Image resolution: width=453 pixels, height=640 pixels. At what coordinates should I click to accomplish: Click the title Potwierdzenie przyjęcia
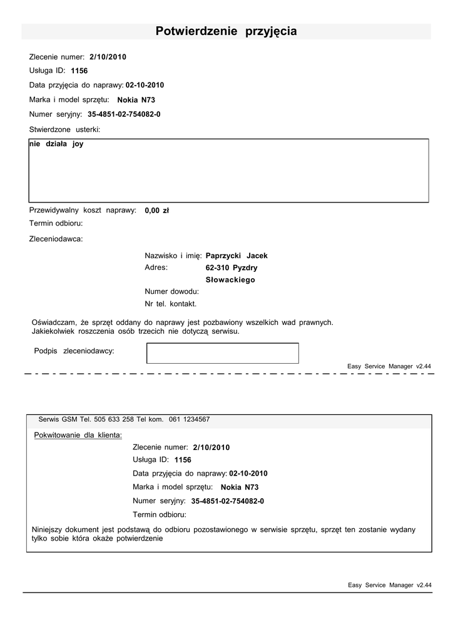tap(226, 31)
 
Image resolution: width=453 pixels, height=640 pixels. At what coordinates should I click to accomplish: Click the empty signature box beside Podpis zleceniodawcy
tap(222, 353)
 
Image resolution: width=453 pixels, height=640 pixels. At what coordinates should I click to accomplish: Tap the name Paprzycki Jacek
tap(237, 256)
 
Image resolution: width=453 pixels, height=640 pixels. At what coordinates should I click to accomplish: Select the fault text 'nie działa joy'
tap(56, 144)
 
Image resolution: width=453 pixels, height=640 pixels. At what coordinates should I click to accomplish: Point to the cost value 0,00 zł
tap(156, 211)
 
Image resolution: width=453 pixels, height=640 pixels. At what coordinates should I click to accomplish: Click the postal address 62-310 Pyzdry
tap(232, 267)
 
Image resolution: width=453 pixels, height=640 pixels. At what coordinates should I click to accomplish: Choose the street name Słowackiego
tap(230, 280)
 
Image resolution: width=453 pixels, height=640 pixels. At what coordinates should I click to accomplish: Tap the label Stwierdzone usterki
tap(64, 129)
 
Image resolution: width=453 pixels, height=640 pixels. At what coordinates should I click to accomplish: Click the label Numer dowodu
tap(171, 291)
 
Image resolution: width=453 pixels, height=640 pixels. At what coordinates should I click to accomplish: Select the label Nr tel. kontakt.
tap(170, 304)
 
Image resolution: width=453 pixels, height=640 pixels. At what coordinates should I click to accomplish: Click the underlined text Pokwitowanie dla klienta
tap(78, 434)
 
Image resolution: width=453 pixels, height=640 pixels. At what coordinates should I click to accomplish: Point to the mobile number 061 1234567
tap(189, 419)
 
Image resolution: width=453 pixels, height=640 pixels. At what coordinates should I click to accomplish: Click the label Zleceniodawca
tap(56, 238)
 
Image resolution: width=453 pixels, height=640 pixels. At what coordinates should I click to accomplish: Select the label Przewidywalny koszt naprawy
tap(83, 210)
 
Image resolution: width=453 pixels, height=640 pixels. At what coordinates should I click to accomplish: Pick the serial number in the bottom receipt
tap(227, 501)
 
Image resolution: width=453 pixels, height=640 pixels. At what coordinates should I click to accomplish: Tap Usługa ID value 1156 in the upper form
tap(79, 71)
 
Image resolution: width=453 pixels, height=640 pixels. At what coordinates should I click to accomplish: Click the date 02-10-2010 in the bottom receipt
tap(248, 474)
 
